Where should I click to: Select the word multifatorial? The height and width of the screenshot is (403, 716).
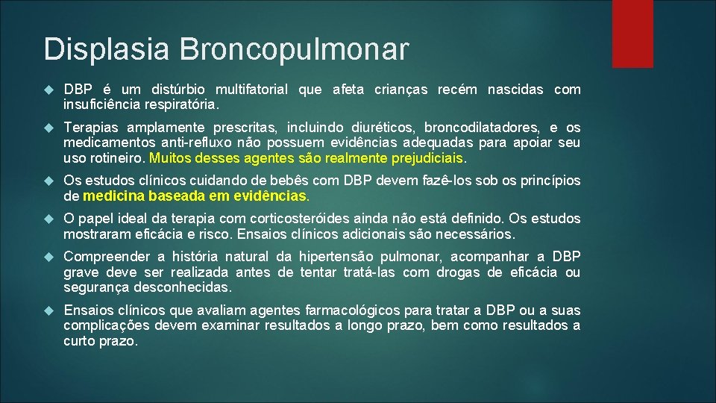click(242, 90)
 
